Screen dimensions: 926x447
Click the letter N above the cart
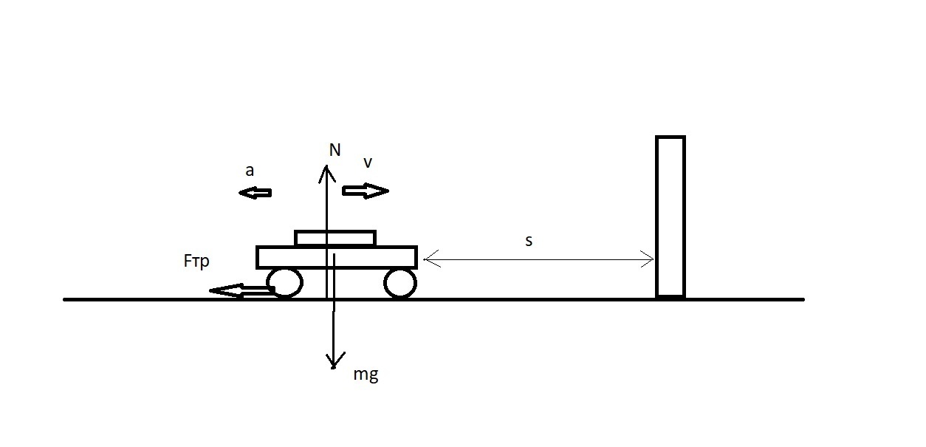tap(335, 150)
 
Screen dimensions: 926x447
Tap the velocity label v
tap(368, 163)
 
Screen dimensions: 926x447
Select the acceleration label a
tap(250, 171)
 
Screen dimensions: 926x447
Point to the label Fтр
tap(196, 262)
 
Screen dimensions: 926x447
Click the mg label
tap(366, 375)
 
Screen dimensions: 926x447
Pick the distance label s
tap(529, 241)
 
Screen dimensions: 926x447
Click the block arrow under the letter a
tap(255, 193)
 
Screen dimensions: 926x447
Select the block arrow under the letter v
tap(366, 191)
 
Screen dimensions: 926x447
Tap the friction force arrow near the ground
tap(241, 290)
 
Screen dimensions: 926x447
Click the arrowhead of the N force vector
tap(326, 166)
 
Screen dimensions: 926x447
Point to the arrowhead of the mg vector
tap(333, 366)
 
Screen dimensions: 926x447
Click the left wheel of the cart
tap(285, 283)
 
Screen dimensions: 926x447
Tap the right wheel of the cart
tap(400, 283)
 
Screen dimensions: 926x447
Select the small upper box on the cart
tap(335, 238)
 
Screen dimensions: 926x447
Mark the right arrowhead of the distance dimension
tap(653, 259)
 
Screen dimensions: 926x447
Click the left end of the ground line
tap(64, 299)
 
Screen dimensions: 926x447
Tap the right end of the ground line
tap(803, 299)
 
